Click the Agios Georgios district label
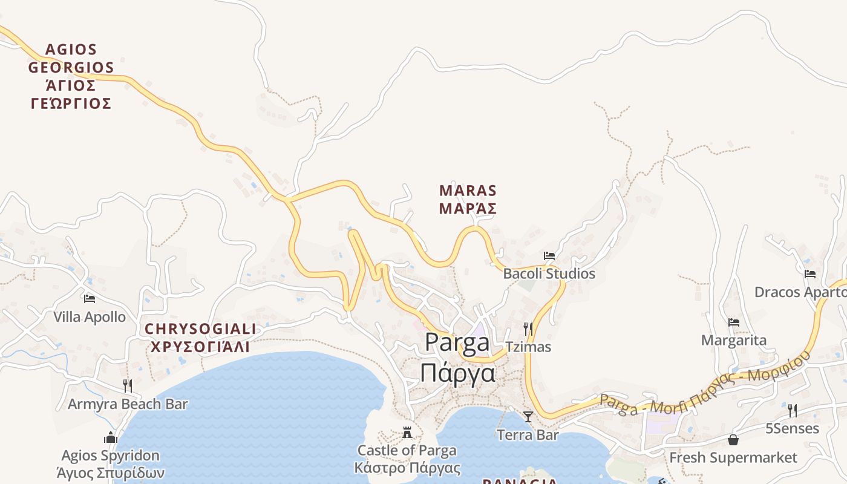(x=71, y=76)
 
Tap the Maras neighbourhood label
(x=468, y=200)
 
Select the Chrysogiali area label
(x=200, y=338)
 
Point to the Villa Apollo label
(x=90, y=317)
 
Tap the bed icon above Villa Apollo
(x=90, y=298)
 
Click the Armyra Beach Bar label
(x=128, y=404)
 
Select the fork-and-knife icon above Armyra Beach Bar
(x=128, y=385)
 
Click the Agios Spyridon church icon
(x=110, y=437)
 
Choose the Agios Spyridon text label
(x=111, y=463)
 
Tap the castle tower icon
(x=407, y=433)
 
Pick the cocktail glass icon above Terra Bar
(x=528, y=416)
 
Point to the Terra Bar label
(x=528, y=434)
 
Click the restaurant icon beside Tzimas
(x=528, y=329)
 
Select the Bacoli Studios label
(x=549, y=274)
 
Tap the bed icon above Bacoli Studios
(x=549, y=256)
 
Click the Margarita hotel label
(x=734, y=341)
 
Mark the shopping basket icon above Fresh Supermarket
(x=733, y=440)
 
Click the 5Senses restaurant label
(x=793, y=429)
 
